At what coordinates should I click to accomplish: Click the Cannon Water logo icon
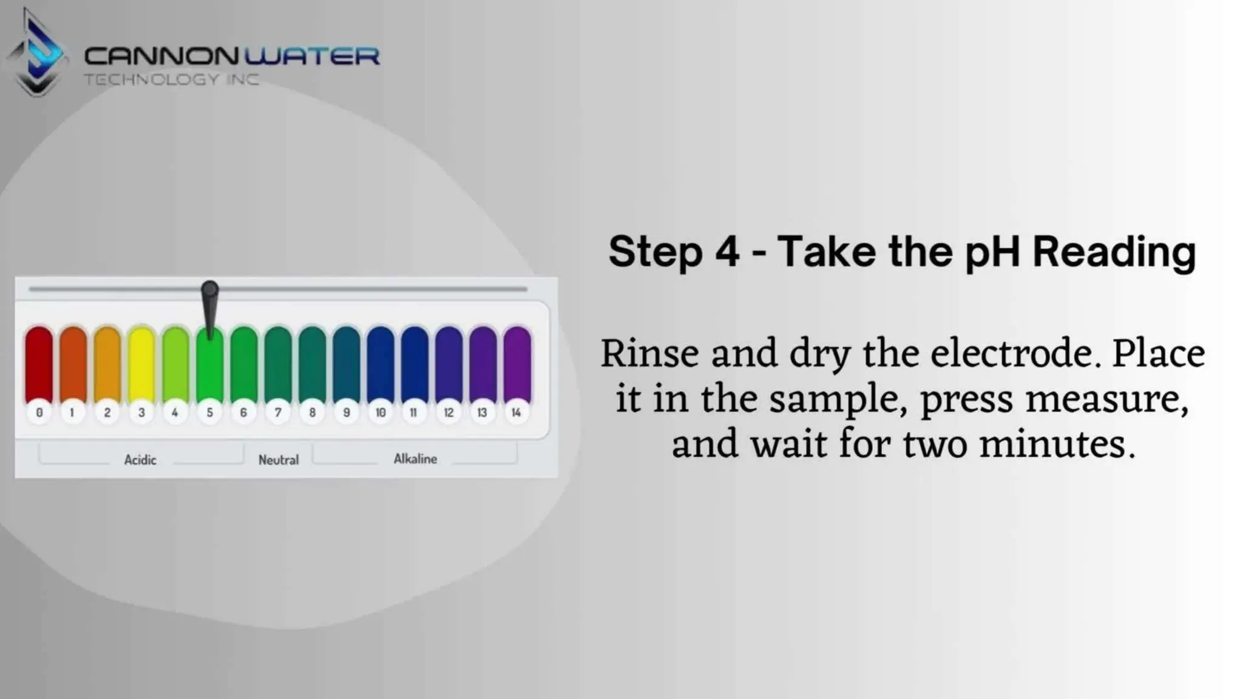36,55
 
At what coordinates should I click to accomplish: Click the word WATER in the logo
312,56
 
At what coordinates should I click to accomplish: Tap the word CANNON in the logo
161,56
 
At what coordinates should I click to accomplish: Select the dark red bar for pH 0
39,364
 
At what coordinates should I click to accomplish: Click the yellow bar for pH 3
141,364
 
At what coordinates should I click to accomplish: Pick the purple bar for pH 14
517,364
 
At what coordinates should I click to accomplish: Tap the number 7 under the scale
278,413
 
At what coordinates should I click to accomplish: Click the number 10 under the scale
381,413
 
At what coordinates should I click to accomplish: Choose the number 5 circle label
209,413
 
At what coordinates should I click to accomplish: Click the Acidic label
140,460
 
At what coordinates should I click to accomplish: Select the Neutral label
279,460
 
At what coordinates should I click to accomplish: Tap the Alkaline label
415,459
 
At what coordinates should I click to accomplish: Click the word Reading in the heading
1114,252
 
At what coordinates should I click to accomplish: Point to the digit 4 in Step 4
727,252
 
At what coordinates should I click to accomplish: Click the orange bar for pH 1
73,364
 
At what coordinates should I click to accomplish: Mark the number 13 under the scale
482,413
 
